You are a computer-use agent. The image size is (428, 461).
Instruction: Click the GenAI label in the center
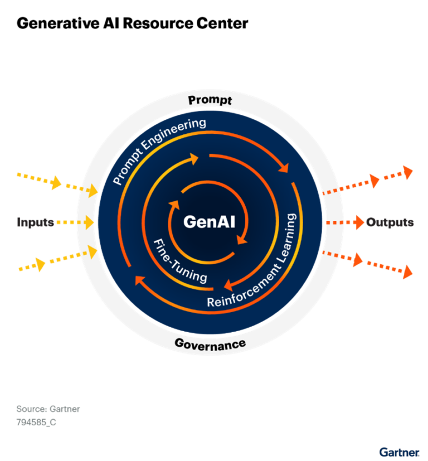(x=210, y=222)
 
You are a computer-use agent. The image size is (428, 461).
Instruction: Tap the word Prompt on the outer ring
(x=210, y=100)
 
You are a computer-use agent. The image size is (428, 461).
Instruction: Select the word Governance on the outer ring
(x=210, y=343)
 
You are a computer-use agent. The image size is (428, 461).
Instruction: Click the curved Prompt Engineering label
(x=159, y=149)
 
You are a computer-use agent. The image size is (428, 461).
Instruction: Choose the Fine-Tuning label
(x=179, y=260)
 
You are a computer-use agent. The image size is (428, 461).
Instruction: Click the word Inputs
(x=35, y=222)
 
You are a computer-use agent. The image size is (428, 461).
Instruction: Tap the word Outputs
(x=390, y=222)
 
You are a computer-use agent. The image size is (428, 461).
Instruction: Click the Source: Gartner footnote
(x=48, y=409)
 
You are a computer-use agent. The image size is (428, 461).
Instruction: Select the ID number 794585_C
(x=36, y=422)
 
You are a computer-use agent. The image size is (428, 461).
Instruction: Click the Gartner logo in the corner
(x=399, y=452)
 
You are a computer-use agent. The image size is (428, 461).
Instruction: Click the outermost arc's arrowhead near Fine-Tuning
(x=139, y=280)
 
